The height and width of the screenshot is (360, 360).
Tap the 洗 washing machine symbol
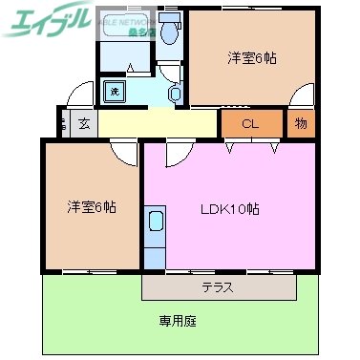pos(114,92)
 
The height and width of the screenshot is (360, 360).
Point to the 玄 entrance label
pos(84,122)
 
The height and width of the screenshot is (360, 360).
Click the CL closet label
pos(251,123)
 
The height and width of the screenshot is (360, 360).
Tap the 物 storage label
pos(301,123)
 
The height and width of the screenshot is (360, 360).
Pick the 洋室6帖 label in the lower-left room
pos(92,206)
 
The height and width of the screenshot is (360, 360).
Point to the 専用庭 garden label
pos(178,322)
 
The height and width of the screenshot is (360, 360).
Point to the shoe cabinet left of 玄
pos(63,122)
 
